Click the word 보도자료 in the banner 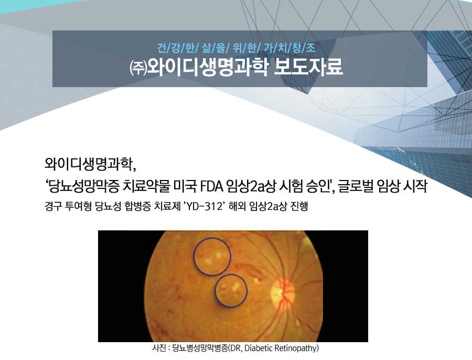[x=308, y=67]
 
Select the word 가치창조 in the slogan [x=289, y=48]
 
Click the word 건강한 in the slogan [x=176, y=48]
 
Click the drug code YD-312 [x=204, y=207]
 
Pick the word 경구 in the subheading [x=53, y=207]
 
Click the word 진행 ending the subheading [x=299, y=207]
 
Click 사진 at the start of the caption [x=158, y=348]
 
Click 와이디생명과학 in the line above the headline [x=88, y=164]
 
